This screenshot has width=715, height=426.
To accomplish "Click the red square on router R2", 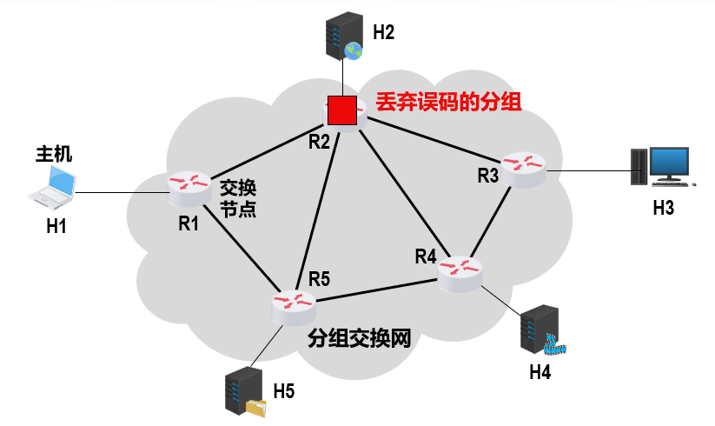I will [342, 110].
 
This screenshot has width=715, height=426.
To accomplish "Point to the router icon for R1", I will [189, 184].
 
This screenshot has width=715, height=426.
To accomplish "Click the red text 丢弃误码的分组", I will [447, 103].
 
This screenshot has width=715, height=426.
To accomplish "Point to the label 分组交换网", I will [358, 338].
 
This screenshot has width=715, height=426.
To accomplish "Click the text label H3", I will [664, 209].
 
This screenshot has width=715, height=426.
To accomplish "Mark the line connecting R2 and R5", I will [316, 209].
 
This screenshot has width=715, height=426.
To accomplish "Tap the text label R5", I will [319, 279].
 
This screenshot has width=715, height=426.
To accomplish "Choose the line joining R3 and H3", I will [591, 168].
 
